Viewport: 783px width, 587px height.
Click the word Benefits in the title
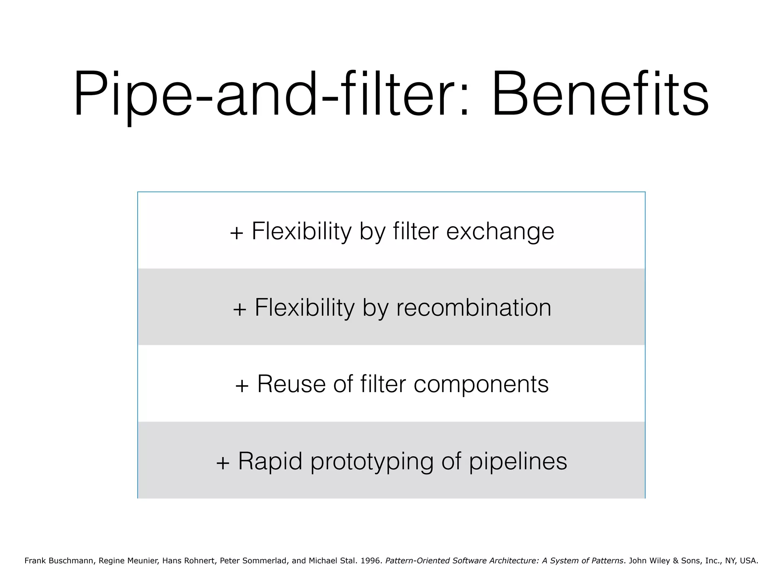600,95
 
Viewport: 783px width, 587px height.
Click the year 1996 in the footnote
371,561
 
